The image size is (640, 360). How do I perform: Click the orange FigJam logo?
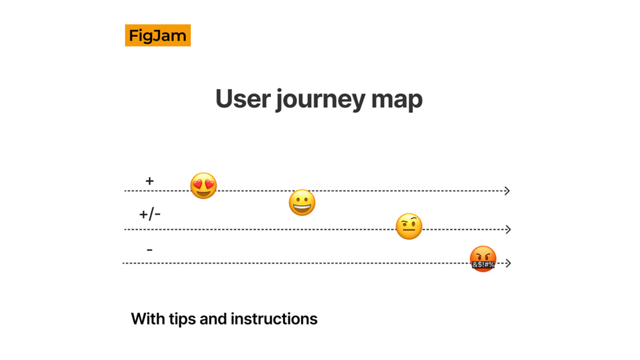[157, 35]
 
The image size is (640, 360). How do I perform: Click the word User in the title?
[243, 99]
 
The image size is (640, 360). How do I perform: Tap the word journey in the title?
[320, 100]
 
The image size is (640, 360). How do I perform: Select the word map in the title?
[396, 101]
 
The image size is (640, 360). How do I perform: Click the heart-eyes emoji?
[203, 186]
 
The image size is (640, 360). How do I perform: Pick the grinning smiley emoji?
[302, 203]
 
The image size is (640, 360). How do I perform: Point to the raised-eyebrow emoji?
[409, 226]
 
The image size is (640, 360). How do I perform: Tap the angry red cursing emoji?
[483, 259]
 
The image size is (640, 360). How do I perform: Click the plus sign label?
[150, 181]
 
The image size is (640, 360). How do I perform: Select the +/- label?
[150, 214]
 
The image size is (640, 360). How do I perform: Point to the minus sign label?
[150, 250]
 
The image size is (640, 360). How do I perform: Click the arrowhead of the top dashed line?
[507, 190]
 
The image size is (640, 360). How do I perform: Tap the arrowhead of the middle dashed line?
[508, 230]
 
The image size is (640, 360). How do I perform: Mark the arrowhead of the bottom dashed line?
[508, 263]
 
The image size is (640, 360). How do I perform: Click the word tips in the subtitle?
[182, 319]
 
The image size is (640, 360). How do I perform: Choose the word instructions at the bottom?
[274, 319]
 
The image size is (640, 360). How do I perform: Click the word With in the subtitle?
[148, 319]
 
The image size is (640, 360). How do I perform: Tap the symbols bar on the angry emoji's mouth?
[483, 265]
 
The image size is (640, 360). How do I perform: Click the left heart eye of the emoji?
[197, 184]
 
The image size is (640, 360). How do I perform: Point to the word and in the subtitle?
[213, 319]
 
